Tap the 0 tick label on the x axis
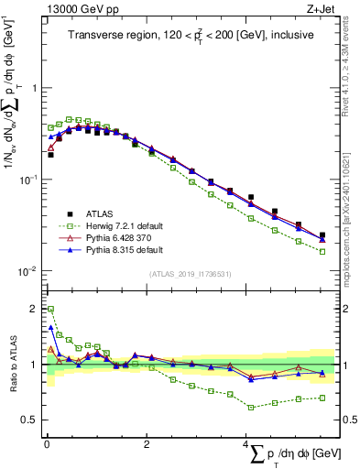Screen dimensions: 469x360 46,446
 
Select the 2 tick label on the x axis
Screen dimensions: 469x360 147,446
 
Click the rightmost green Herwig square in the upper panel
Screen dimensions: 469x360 322,251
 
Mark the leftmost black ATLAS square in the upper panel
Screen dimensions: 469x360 50,155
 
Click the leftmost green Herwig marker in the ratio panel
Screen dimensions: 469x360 50,309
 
